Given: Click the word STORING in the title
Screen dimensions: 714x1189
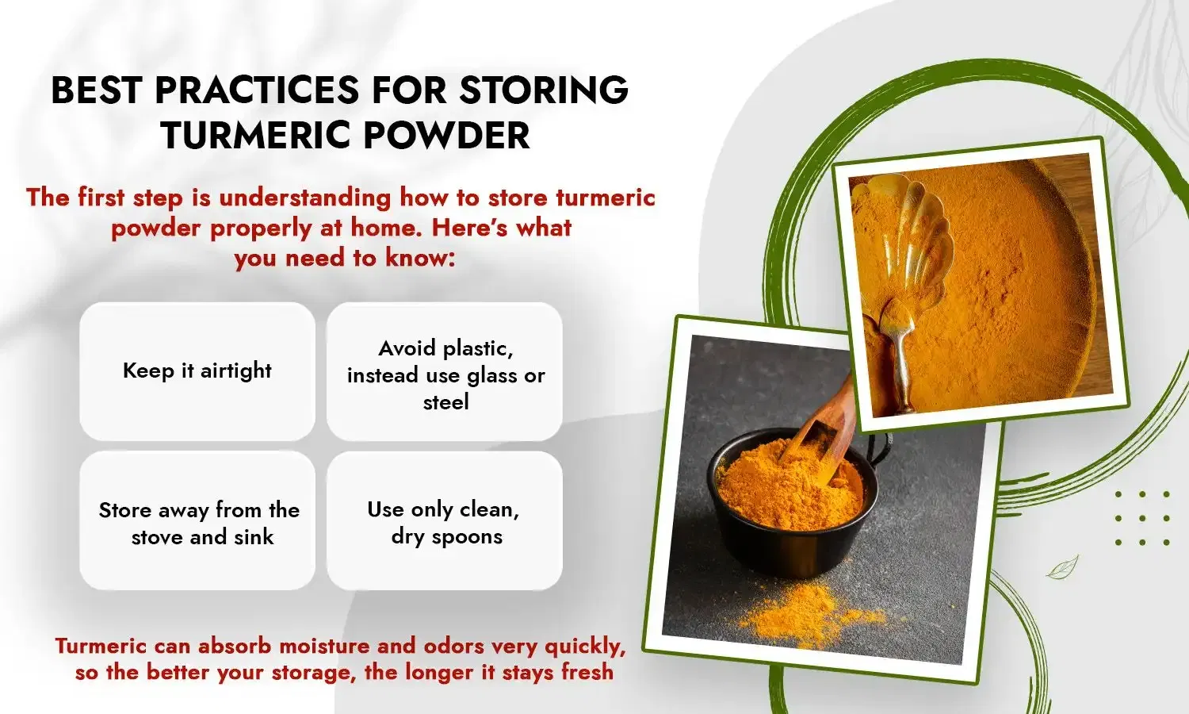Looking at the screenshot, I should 544,90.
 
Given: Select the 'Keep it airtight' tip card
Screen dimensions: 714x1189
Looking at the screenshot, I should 197,370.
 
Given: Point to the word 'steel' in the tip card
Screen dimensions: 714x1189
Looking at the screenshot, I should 445,402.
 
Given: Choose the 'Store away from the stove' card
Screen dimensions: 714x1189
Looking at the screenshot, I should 197,521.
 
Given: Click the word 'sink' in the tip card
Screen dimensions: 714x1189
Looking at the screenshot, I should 254,537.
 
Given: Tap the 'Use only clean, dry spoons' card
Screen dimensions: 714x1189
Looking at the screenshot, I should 444,521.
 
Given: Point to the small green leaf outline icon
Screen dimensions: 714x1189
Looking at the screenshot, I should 1062,567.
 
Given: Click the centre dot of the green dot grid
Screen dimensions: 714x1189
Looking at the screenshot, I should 1142,518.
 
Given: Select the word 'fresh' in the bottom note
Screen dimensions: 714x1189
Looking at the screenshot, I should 587,672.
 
